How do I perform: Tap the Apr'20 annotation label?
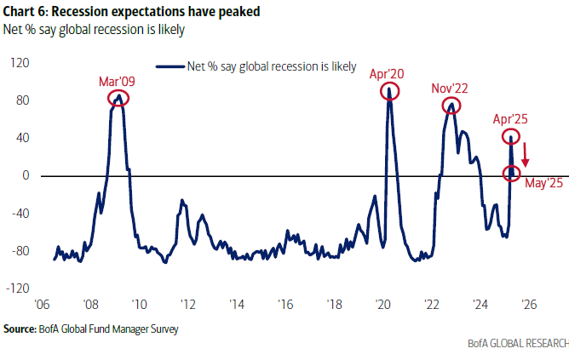tap(387, 74)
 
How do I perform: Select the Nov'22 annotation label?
tap(448, 89)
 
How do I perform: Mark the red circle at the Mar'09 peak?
tap(119, 99)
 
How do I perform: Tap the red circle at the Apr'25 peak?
tap(511, 137)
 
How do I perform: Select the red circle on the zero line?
tap(512, 174)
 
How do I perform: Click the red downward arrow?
tap(526, 155)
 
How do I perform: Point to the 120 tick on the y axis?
tap(20, 63)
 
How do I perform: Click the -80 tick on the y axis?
tap(20, 251)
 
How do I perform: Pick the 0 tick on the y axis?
tap(26, 175)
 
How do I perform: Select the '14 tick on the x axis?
tap(237, 303)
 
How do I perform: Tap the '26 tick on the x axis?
tap(528, 303)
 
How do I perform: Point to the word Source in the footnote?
tap(20, 328)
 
